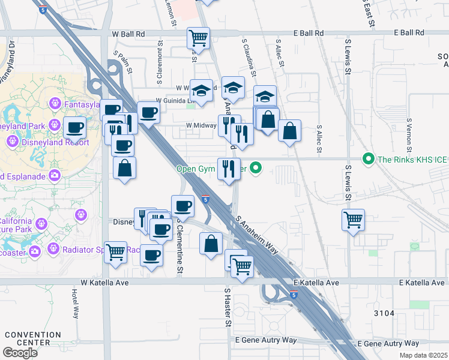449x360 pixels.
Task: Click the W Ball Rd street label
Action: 128,34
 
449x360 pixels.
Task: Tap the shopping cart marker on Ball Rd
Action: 198,39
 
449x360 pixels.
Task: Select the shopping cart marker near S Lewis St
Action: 354,220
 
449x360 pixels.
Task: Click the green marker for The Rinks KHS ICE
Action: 367,159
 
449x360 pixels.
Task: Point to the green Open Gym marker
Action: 256,168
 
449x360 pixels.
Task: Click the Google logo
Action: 20,353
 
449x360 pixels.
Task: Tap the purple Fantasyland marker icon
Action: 55,104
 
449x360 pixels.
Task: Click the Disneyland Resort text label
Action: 56,143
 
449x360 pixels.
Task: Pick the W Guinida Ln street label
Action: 175,101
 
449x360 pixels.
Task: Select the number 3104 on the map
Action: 384,313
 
